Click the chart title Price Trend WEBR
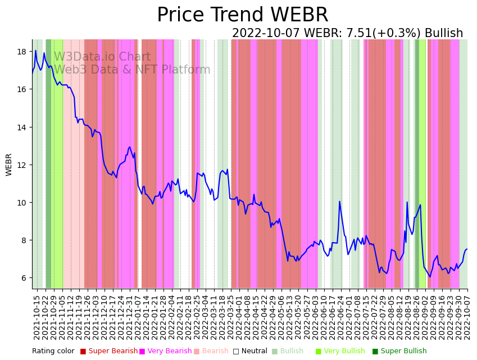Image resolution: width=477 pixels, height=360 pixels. click(x=242, y=15)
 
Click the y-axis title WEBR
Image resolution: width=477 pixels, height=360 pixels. click(x=9, y=165)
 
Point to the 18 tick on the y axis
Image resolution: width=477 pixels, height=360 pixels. click(x=22, y=52)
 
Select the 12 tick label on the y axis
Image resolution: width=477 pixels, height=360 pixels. click(x=22, y=165)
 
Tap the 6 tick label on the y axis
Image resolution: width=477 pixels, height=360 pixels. click(x=24, y=278)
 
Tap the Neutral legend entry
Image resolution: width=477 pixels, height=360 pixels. click(x=250, y=352)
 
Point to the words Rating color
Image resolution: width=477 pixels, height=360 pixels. click(x=53, y=352)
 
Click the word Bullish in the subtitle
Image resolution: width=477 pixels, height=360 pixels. click(x=444, y=34)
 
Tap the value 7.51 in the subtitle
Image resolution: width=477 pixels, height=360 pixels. click(x=355, y=34)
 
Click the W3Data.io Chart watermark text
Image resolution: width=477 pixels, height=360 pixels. click(x=102, y=57)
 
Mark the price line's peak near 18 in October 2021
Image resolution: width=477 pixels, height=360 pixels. click(x=36, y=51)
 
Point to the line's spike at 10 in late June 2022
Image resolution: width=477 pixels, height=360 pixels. click(x=339, y=202)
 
